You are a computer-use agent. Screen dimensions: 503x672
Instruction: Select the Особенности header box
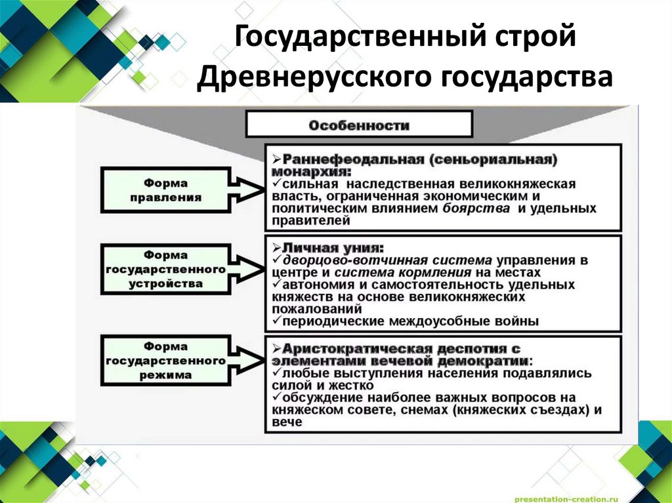[358, 124]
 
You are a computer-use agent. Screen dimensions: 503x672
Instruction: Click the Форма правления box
[165, 190]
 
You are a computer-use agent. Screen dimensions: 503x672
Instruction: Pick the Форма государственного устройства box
[165, 270]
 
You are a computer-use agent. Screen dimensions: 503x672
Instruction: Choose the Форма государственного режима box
[165, 361]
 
